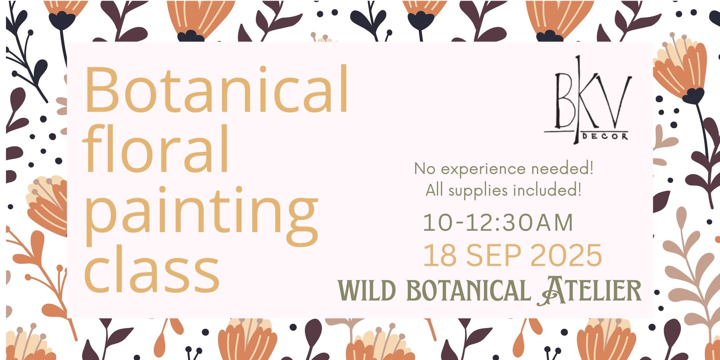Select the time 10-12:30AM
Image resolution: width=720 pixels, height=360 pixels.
tap(498, 223)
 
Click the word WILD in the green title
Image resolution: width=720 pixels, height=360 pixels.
tap(367, 291)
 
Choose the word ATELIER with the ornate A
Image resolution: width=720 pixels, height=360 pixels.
tap(589, 291)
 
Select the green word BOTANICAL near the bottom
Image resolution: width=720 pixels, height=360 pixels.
tap(469, 291)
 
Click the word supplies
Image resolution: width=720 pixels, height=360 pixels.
tap(478, 191)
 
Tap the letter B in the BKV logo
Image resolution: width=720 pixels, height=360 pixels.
tap(565, 101)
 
